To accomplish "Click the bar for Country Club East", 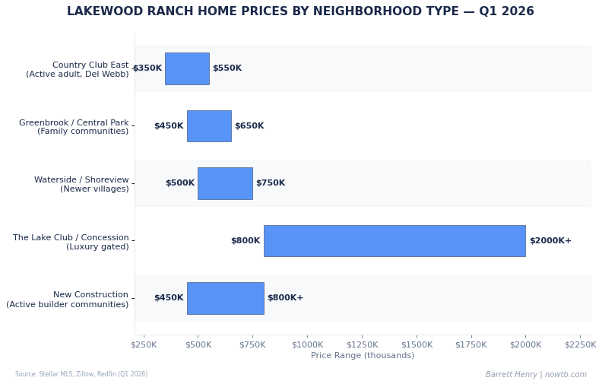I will [187, 68].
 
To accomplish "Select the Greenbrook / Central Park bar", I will [209, 126].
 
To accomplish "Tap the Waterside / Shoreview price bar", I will [225, 183].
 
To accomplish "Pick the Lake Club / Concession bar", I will [394, 241].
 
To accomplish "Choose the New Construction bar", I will [225, 298].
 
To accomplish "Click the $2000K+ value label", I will [550, 241].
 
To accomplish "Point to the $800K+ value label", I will [285, 298].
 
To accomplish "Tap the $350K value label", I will [147, 68].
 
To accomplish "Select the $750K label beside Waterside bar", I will [271, 183].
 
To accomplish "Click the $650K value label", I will [249, 126].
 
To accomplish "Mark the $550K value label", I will [227, 68].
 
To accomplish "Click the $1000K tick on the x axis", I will [307, 344].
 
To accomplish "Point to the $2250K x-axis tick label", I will [580, 344].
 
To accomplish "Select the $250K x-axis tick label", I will [144, 344].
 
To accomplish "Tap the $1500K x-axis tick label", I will [417, 344].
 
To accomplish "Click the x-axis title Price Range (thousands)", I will [363, 356].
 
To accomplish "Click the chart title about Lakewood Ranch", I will [300, 11].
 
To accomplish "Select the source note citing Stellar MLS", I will [81, 374].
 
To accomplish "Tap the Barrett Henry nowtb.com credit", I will [536, 374].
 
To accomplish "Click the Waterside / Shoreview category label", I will [81, 184].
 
